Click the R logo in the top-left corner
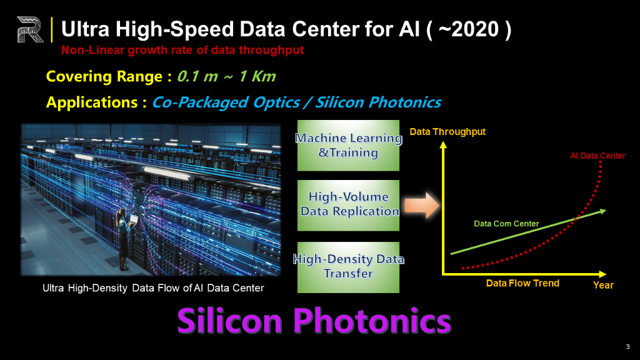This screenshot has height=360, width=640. pos(30,29)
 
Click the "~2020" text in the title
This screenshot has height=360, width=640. pos(468,29)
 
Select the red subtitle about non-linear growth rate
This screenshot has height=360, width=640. pos(182,50)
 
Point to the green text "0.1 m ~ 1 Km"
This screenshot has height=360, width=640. pos(226,76)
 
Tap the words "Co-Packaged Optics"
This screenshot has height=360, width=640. pos(226,102)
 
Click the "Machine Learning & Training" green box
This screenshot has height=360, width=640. pos(348,145)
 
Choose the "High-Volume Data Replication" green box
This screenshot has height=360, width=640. pos(348,205)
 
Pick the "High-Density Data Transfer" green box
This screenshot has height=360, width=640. pos(348,267)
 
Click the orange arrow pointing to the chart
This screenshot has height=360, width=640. pos(422,205)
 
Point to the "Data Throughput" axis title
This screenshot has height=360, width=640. pos(447,132)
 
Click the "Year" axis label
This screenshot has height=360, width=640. pos(603,285)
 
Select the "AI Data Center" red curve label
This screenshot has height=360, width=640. pos(597,156)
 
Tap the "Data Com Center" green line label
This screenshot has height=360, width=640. pos(506,224)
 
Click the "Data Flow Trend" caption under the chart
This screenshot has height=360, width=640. pos(522,283)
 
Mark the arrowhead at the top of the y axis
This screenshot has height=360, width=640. pos(443,145)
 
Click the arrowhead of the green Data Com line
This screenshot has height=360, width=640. pos(602,211)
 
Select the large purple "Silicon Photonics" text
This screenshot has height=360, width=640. pos(314,321)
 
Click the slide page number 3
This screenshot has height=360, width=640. pos(627,347)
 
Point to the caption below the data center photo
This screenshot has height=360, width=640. pos(153,288)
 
